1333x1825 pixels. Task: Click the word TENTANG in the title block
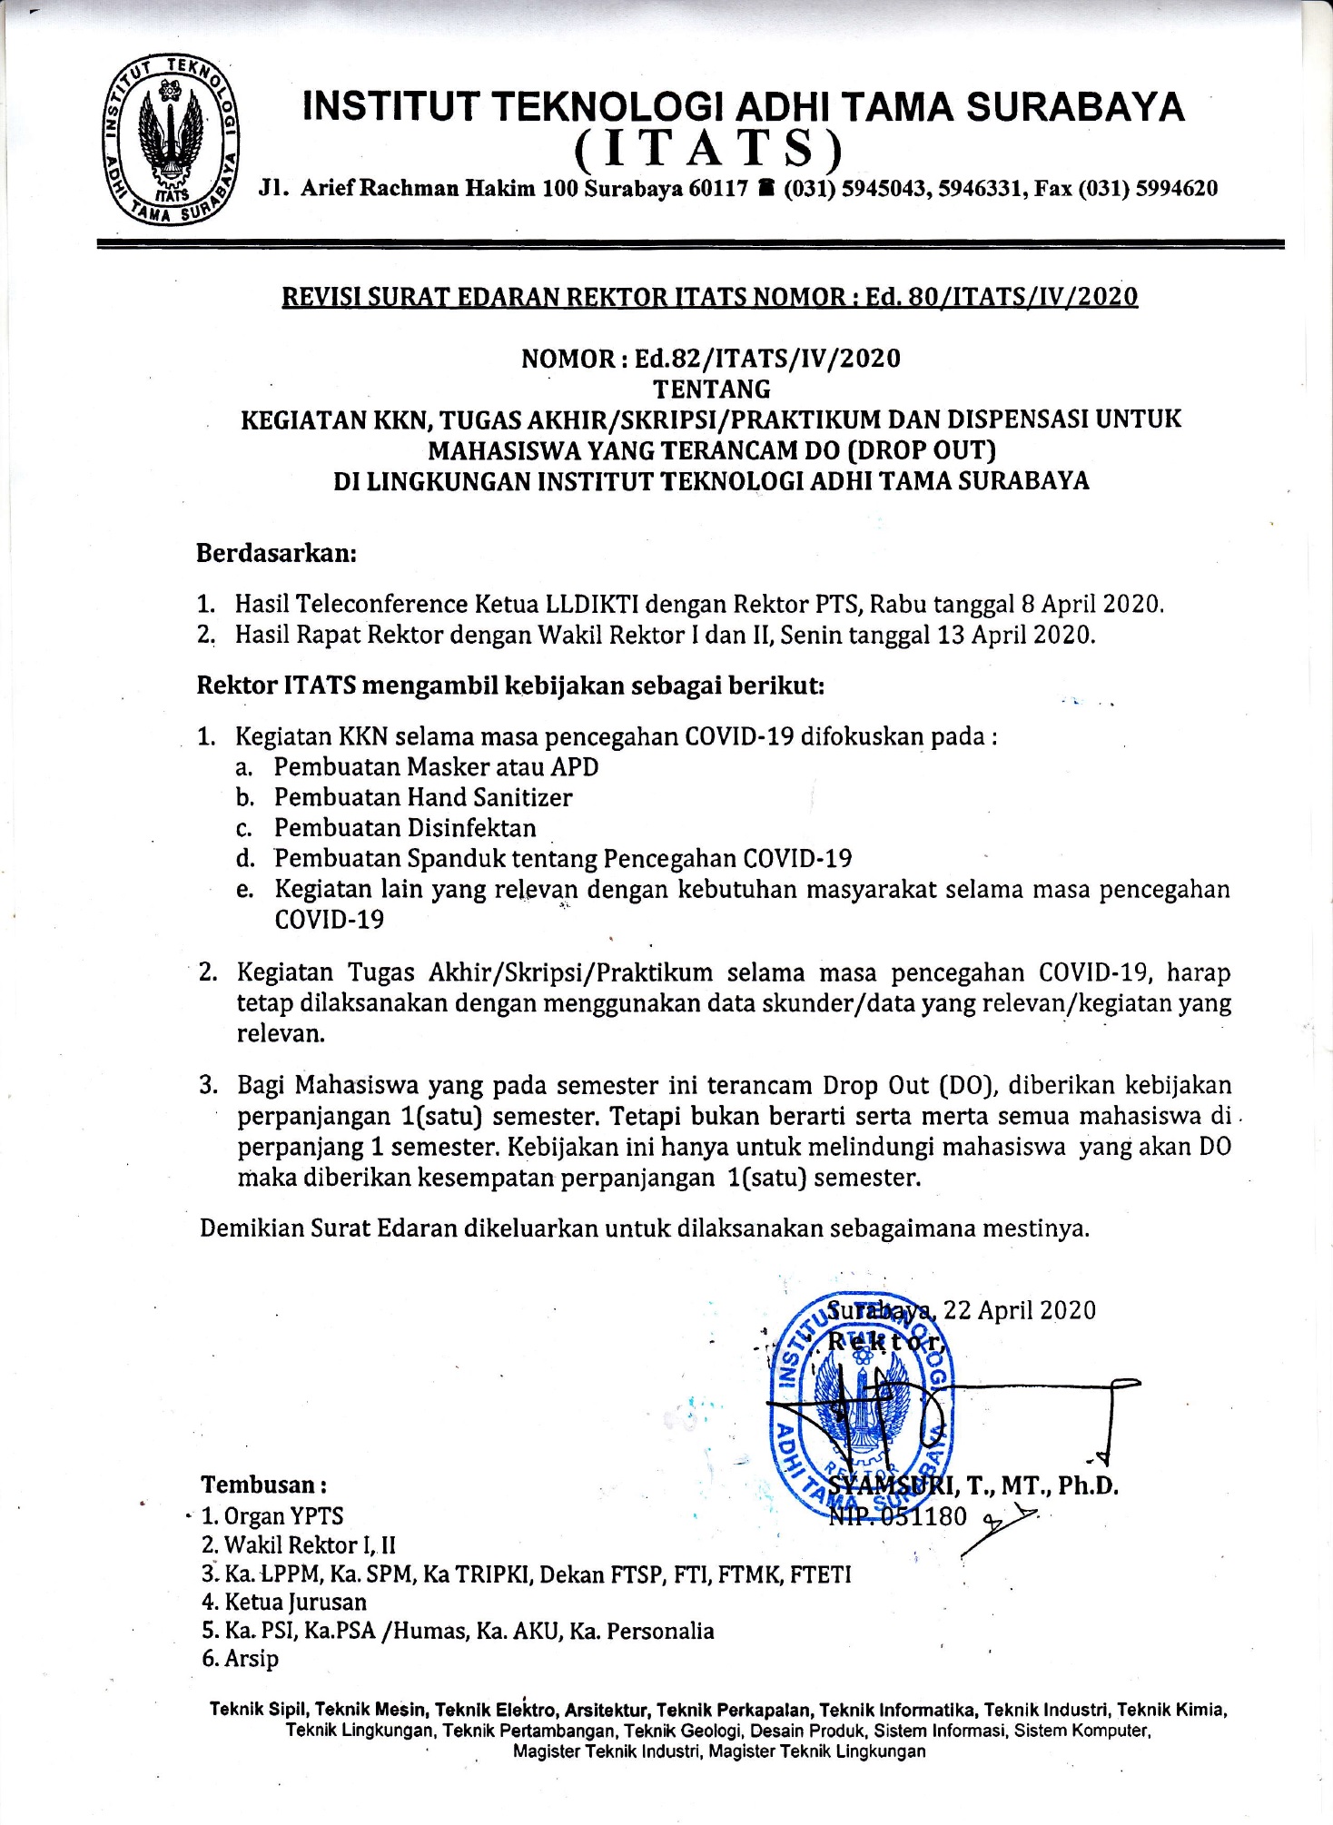[713, 389]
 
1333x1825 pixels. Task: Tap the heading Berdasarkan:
[277, 553]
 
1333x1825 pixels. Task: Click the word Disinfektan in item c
[471, 828]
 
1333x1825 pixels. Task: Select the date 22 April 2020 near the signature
[1020, 1310]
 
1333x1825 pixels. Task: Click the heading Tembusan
[262, 1485]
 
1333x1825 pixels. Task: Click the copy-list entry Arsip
[251, 1659]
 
